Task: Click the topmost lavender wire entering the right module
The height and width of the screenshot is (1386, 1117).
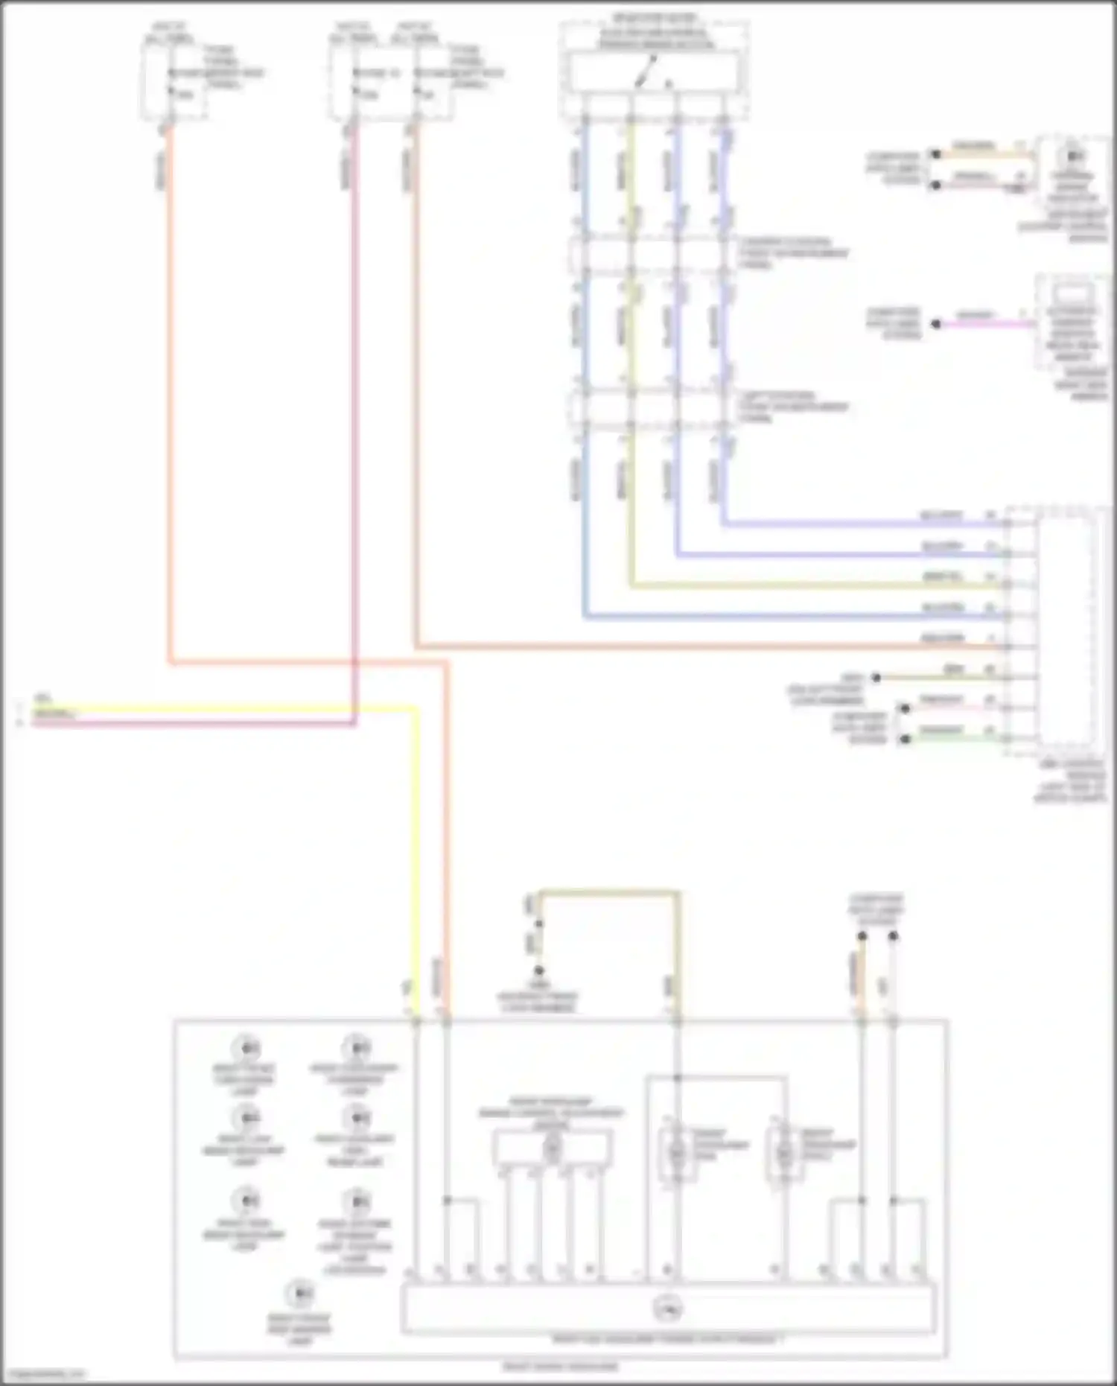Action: coord(856,524)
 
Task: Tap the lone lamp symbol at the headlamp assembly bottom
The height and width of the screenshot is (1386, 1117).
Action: coord(299,1294)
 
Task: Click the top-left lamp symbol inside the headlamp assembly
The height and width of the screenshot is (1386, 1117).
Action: coord(245,1048)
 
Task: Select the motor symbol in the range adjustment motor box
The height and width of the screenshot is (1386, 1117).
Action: coord(552,1150)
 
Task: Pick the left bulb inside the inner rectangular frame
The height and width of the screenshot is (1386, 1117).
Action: coord(677,1153)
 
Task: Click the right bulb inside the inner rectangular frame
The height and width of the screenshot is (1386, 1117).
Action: coord(784,1153)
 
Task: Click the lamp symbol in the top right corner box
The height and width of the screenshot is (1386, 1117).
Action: coord(1073,157)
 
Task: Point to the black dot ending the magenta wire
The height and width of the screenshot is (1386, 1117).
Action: coord(937,324)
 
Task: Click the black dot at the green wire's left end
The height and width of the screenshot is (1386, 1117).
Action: coord(906,739)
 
